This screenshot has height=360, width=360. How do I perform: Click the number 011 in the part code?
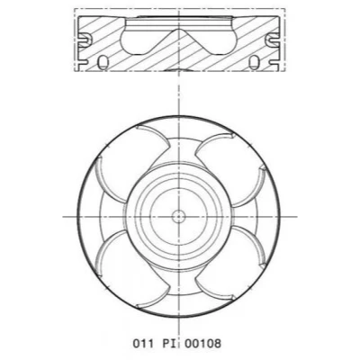(x=143, y=343)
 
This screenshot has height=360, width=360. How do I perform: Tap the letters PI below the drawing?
(x=169, y=343)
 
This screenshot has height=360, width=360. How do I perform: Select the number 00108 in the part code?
(x=202, y=343)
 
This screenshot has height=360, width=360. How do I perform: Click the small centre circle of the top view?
(x=178, y=216)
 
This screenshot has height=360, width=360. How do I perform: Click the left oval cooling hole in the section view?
(x=103, y=62)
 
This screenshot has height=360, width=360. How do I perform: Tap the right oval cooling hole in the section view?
(x=255, y=62)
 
